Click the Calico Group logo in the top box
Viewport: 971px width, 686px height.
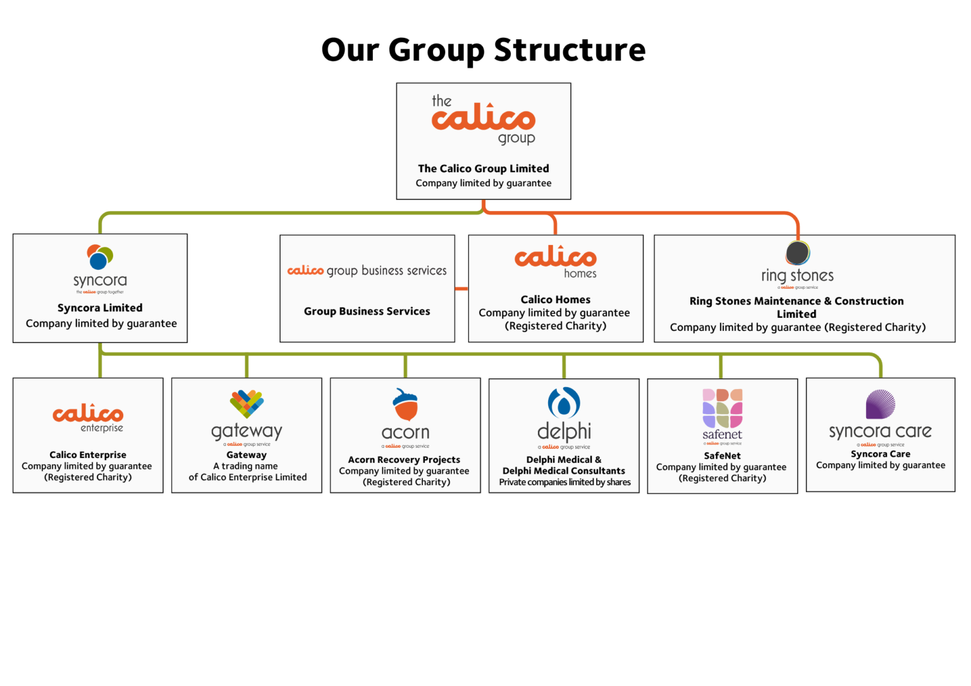[x=484, y=119]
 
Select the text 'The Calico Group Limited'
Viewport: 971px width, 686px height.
[x=484, y=169]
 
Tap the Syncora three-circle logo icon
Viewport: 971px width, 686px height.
[x=100, y=257]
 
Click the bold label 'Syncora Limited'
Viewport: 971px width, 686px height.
[x=100, y=308]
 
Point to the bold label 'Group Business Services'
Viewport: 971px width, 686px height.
[x=367, y=311]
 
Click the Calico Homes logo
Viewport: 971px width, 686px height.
[x=556, y=261]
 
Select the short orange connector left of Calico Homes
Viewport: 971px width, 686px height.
[x=461, y=289]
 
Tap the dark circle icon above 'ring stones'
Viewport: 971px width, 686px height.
[x=798, y=253]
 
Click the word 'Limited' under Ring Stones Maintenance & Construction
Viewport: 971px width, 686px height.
[x=797, y=314]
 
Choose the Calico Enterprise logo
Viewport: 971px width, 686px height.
[x=88, y=417]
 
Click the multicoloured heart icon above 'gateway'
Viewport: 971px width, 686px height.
[x=247, y=404]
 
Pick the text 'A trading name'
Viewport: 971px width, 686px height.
[x=246, y=466]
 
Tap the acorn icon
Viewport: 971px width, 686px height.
[x=406, y=404]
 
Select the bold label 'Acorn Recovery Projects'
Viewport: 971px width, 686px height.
[x=404, y=460]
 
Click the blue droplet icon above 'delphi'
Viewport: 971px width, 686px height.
[x=564, y=402]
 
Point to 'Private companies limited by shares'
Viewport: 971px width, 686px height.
[x=565, y=483]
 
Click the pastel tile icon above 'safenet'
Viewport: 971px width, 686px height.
[x=723, y=408]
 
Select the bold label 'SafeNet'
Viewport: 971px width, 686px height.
[x=723, y=456]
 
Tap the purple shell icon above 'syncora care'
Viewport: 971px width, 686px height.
[x=881, y=404]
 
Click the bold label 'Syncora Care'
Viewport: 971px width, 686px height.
[x=881, y=454]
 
